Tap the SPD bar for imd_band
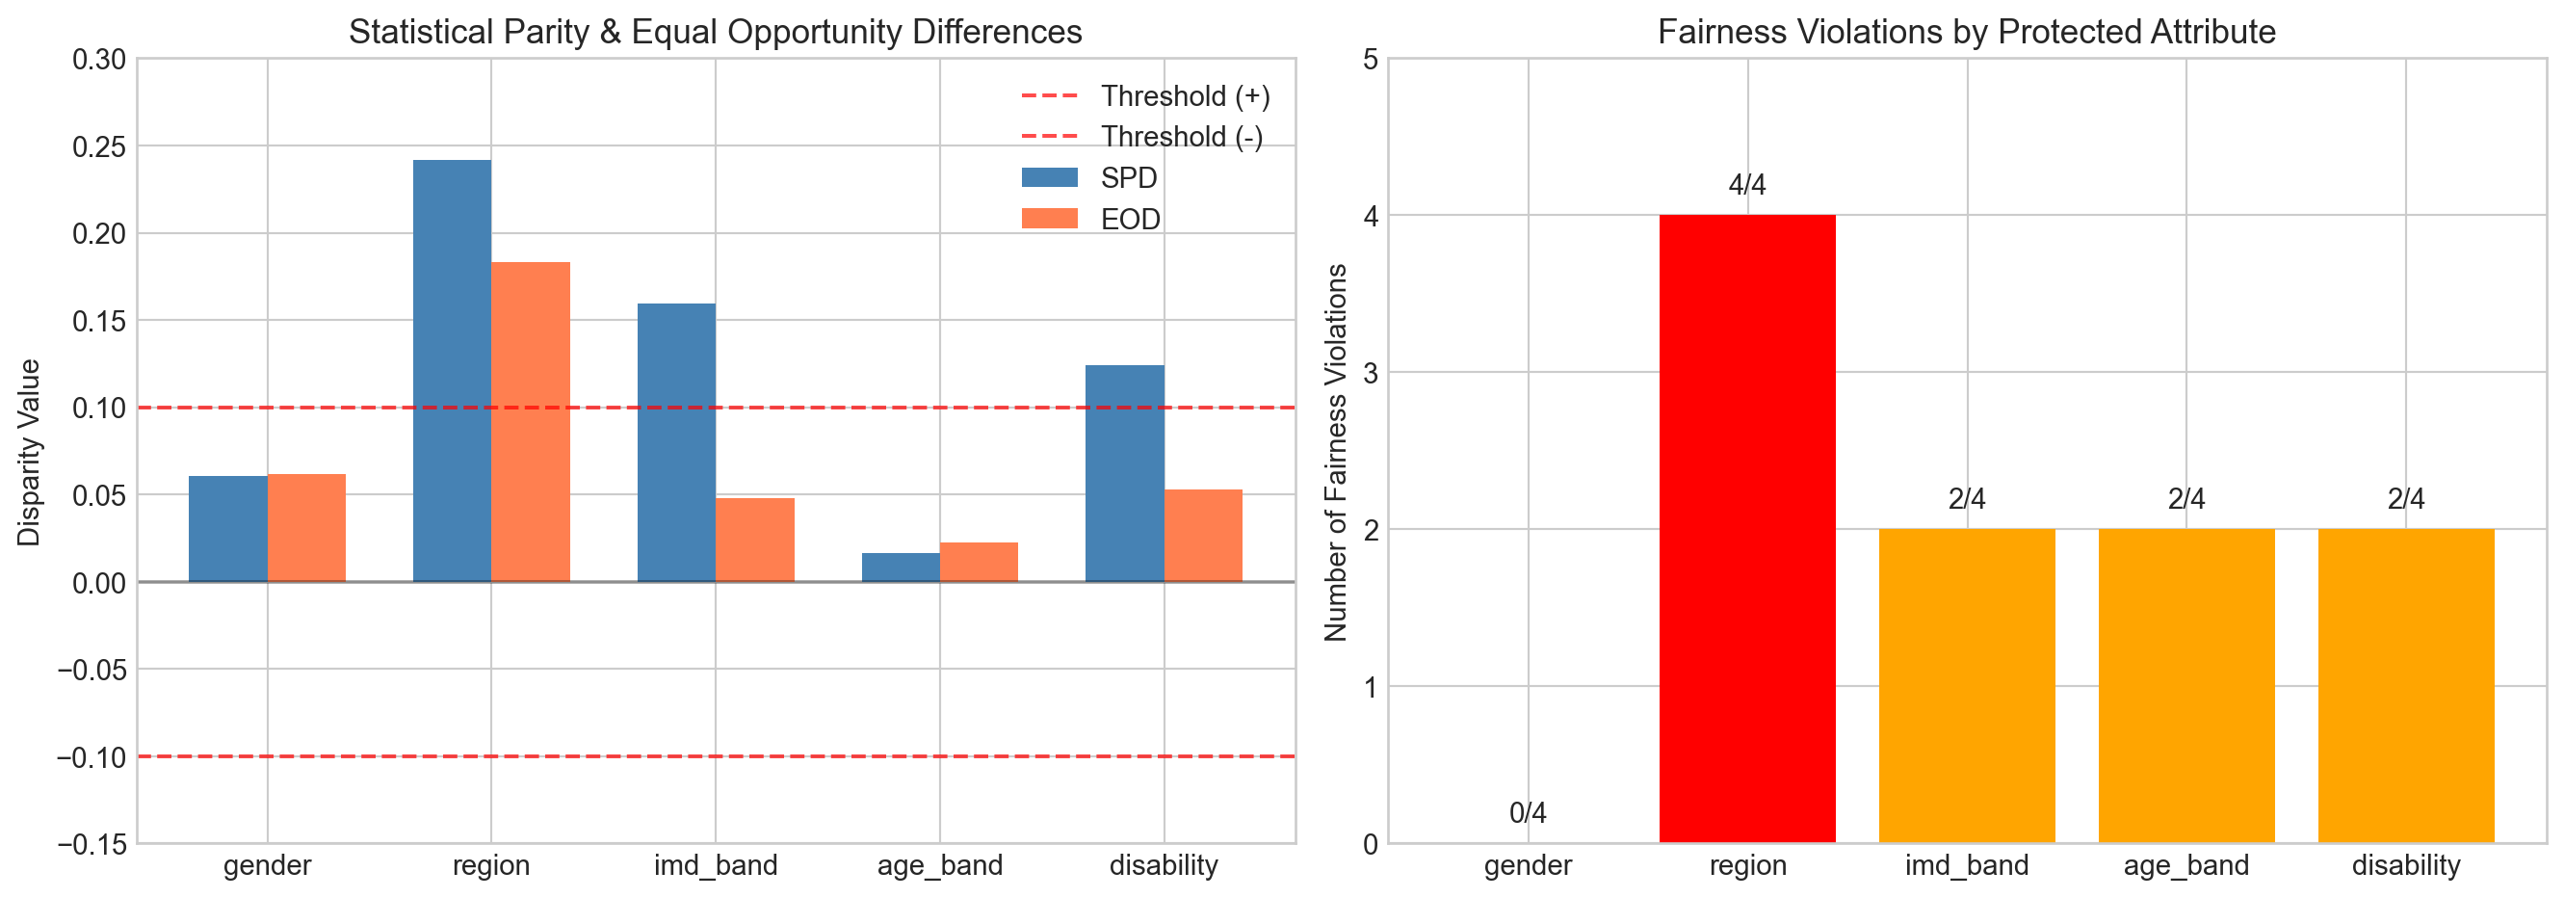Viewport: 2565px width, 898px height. coord(676,442)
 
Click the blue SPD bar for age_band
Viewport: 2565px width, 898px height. coord(901,568)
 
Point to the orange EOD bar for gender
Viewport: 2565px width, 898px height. coord(306,528)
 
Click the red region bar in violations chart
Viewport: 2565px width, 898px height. coord(1747,529)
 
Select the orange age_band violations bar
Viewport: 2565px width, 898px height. coord(2186,686)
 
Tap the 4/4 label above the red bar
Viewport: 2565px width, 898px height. coord(1747,185)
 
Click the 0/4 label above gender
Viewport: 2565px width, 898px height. coord(1528,813)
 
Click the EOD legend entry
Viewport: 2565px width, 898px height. coord(1130,219)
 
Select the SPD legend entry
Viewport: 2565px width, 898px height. coord(1128,178)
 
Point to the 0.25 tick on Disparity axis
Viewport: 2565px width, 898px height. coord(99,146)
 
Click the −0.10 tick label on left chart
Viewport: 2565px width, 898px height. coord(92,757)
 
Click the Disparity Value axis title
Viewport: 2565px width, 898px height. coord(29,452)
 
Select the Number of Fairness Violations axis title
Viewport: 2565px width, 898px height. coord(1335,452)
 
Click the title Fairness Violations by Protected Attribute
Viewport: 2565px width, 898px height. coord(1967,32)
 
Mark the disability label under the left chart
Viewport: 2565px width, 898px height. coord(1163,865)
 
